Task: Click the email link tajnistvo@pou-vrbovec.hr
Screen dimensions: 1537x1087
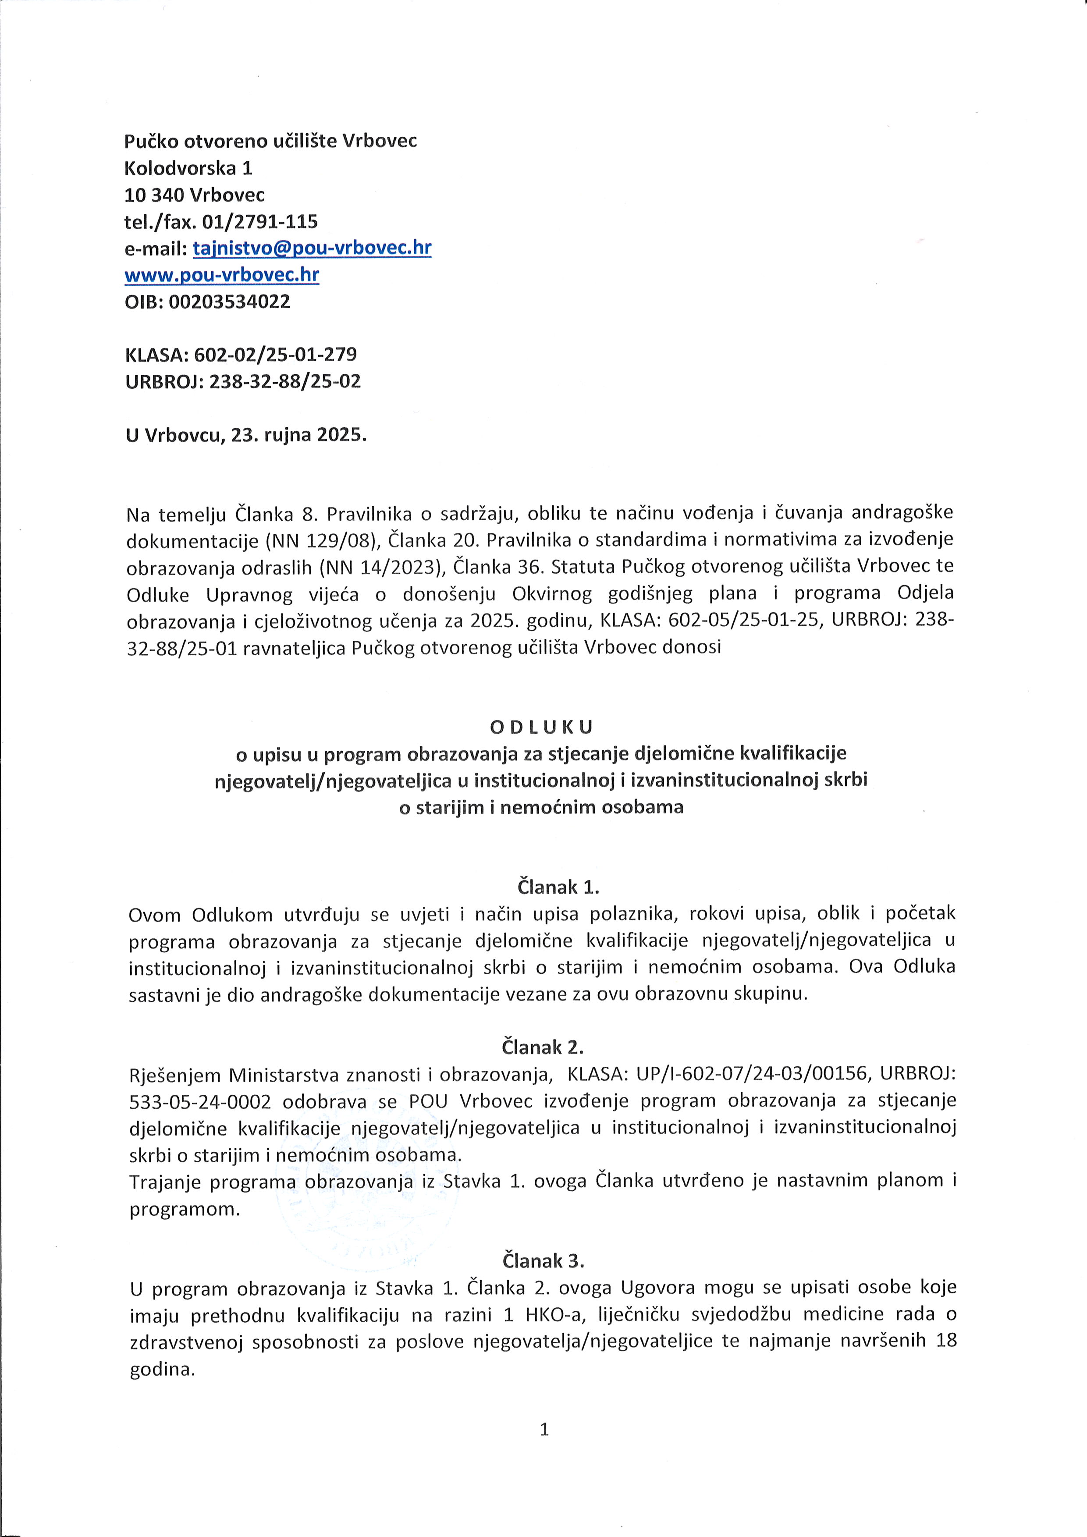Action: tap(312, 248)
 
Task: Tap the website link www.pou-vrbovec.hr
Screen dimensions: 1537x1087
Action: tap(221, 275)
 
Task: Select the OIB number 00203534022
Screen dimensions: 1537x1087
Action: tap(229, 302)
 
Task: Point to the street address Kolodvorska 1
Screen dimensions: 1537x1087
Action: tap(188, 168)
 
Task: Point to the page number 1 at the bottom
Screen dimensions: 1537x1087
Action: tap(543, 1431)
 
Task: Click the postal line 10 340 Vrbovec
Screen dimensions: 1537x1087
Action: tap(194, 195)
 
